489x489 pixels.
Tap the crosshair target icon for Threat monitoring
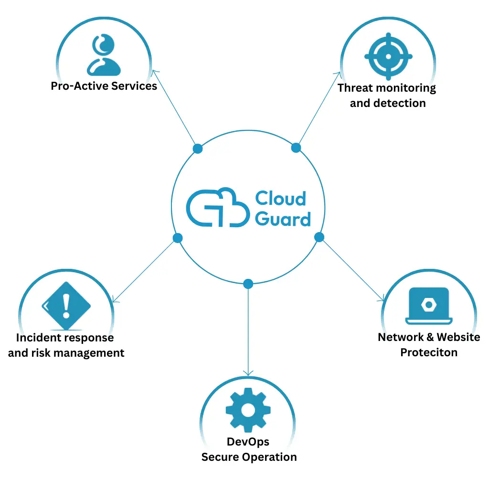point(388,56)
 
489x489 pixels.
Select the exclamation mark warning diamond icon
point(66,306)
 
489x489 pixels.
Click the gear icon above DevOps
point(248,409)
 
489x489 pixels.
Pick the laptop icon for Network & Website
point(428,306)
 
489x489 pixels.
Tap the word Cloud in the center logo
point(280,198)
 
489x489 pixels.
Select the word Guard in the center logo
point(283,219)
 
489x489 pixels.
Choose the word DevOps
point(248,442)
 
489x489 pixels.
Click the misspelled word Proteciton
point(428,352)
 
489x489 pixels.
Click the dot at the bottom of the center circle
point(248,284)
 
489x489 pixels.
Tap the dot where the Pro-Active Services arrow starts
point(197,149)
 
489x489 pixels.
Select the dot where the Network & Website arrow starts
point(319,237)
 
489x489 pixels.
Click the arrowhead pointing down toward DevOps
point(248,372)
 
